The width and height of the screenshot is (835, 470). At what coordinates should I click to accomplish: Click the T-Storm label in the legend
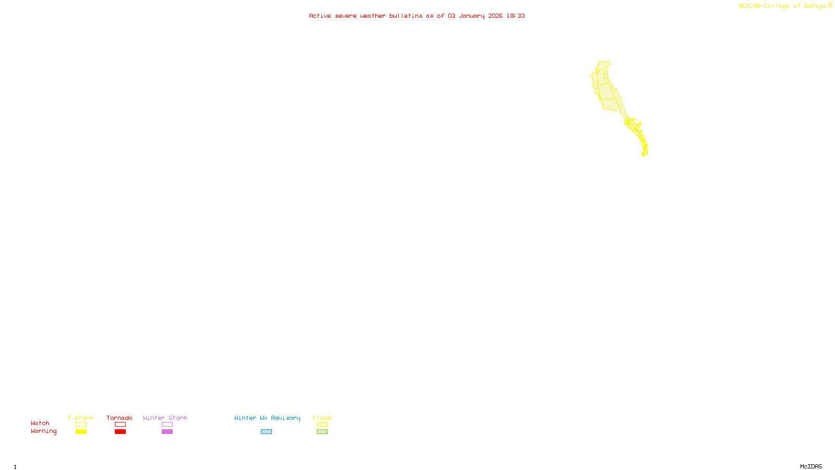pos(80,418)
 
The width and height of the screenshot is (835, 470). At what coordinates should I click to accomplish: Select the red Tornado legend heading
pos(120,418)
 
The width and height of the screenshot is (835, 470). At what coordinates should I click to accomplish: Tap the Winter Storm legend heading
pos(165,418)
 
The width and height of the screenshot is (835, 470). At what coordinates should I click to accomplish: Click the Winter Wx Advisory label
pos(267,418)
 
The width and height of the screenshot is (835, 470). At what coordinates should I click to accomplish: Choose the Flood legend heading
pos(322,418)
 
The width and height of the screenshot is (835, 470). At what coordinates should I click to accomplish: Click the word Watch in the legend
pos(40,423)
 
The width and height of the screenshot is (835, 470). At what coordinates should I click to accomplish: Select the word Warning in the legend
pos(43,431)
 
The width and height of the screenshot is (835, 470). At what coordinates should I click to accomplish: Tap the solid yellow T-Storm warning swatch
pos(81,432)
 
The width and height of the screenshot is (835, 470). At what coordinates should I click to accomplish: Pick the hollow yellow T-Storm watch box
pos(81,425)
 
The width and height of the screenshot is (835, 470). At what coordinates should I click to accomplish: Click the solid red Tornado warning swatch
pos(120,432)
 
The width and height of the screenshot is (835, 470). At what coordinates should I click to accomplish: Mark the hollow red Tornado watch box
pos(120,425)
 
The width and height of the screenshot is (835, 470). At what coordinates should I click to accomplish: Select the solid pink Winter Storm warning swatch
pos(167,432)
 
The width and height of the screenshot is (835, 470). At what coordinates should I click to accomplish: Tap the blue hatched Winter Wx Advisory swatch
pos(266,432)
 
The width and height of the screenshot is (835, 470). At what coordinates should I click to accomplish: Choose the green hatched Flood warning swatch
pos(322,432)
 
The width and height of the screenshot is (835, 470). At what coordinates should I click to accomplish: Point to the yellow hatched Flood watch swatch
pos(322,425)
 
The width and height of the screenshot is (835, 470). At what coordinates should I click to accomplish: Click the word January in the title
pos(471,16)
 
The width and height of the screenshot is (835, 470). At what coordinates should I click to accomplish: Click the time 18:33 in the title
pos(515,16)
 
